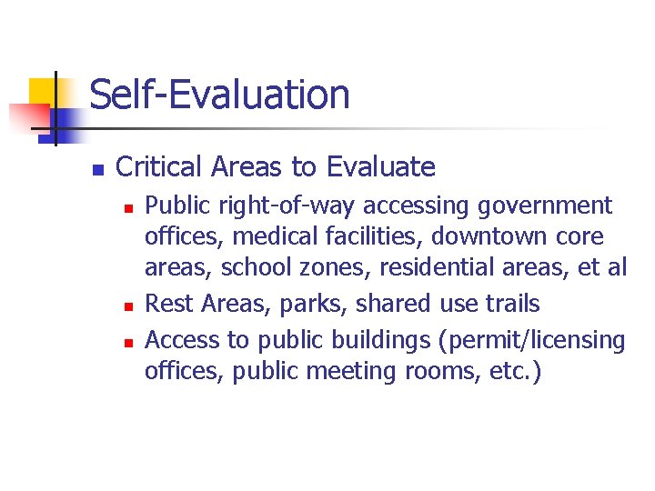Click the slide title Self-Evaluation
pyautogui.click(x=219, y=95)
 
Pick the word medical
pyautogui.click(x=275, y=237)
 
